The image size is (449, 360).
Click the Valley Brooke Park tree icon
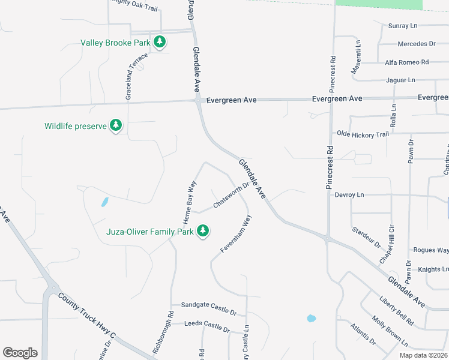(160, 42)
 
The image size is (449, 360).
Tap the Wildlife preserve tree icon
(116, 126)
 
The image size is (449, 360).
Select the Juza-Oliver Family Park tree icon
(203, 231)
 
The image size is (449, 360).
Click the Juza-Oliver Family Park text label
(149, 232)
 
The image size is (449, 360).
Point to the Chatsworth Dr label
(231, 196)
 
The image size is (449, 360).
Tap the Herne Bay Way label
(190, 203)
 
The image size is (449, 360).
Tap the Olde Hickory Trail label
(363, 134)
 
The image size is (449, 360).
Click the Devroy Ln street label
(349, 195)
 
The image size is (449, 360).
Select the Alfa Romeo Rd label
(406, 62)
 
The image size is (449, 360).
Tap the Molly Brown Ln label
(390, 332)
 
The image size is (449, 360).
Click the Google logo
(20, 353)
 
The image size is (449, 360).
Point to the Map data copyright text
(423, 355)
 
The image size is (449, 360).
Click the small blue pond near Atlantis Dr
(310, 318)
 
